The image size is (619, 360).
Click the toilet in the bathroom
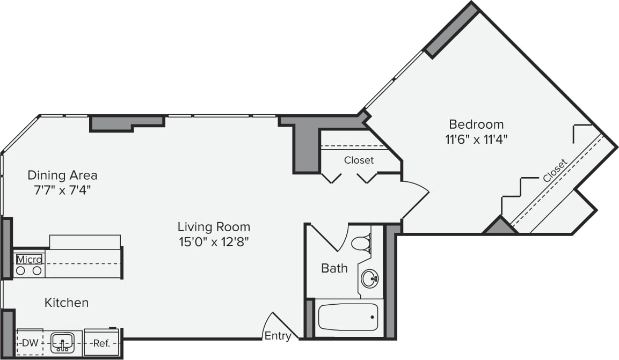click(x=361, y=243)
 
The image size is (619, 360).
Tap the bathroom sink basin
click(x=369, y=278)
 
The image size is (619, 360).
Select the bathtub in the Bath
click(x=348, y=317)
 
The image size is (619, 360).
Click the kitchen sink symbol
click(x=62, y=342)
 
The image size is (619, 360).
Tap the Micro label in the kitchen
click(x=29, y=260)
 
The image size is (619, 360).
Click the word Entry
click(x=278, y=336)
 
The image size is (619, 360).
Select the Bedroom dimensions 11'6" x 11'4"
click(x=476, y=139)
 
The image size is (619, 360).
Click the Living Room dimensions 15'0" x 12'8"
click(x=214, y=242)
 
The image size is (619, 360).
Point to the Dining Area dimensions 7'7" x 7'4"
click(x=62, y=190)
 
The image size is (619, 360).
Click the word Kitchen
click(x=66, y=303)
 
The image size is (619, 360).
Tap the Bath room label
click(x=334, y=268)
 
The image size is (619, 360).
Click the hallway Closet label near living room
click(x=359, y=160)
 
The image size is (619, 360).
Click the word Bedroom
click(x=476, y=124)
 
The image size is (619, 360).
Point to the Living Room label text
click(x=214, y=226)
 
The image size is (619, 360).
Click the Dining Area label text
click(x=62, y=175)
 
